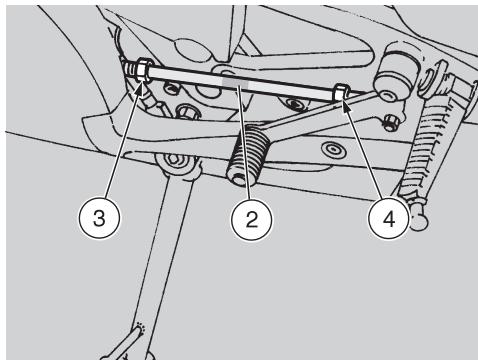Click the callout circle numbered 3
tap(99, 218)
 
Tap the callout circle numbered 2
tap(252, 219)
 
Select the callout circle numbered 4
tap(389, 219)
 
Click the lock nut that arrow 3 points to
tap(143, 70)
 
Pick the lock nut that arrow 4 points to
tap(340, 93)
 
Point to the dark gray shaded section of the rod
tap(235, 82)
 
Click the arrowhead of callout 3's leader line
tap(141, 88)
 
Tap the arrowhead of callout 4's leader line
tap(346, 105)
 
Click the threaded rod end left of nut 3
tap(130, 69)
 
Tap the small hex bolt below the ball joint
tap(390, 122)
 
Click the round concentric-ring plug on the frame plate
tap(333, 150)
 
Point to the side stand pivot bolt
tap(173, 160)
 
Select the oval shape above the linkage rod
tap(191, 51)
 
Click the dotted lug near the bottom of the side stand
tap(141, 329)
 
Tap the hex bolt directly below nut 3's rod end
tap(186, 112)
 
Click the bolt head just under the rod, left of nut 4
tap(293, 105)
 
